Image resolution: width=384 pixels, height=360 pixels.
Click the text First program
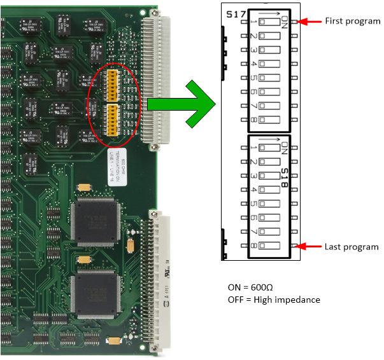tap(352, 22)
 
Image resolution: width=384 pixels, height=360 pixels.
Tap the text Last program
tap(352, 247)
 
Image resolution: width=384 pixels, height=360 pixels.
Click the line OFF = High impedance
tap(274, 300)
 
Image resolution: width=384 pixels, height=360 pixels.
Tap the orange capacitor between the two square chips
tap(84, 259)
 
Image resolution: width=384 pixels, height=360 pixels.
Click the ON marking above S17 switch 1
tap(284, 23)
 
